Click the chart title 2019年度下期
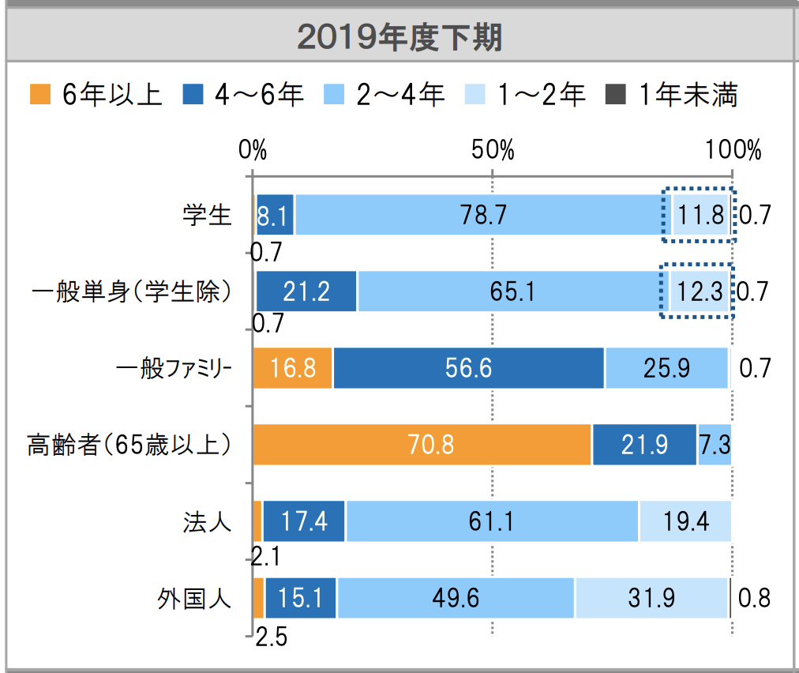(x=399, y=36)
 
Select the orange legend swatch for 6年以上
(x=40, y=95)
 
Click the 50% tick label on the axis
(x=493, y=150)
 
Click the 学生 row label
(x=206, y=215)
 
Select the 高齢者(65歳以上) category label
(x=130, y=445)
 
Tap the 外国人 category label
(x=194, y=598)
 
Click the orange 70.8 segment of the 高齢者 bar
(x=422, y=445)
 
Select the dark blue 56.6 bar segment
(x=468, y=368)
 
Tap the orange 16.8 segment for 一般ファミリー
(x=293, y=368)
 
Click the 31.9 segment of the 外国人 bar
(x=651, y=598)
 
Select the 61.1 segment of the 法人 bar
(x=492, y=521)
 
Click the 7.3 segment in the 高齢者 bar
(x=714, y=445)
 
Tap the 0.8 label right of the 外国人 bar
(x=753, y=598)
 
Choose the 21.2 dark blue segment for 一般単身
(x=306, y=291)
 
